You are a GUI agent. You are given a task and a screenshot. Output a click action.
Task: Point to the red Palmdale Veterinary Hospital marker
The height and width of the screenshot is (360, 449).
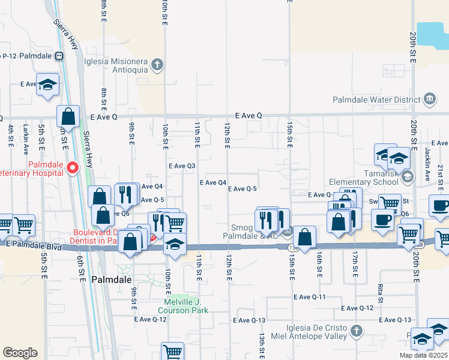(73, 167)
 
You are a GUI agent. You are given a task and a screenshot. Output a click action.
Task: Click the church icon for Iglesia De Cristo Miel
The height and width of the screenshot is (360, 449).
(356, 331)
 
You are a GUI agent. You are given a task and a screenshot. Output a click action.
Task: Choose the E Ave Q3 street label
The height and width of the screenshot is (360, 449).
(182, 166)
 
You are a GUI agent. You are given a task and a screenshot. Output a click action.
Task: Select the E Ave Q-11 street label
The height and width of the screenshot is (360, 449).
(310, 297)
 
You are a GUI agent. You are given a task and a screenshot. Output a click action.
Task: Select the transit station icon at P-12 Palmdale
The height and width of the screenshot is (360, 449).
(59, 56)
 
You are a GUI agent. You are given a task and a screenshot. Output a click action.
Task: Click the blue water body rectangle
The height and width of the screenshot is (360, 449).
(433, 35)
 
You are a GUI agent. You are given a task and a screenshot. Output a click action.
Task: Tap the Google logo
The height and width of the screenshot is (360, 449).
(20, 352)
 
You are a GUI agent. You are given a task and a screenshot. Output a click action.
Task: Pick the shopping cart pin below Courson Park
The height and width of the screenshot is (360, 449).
(172, 351)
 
